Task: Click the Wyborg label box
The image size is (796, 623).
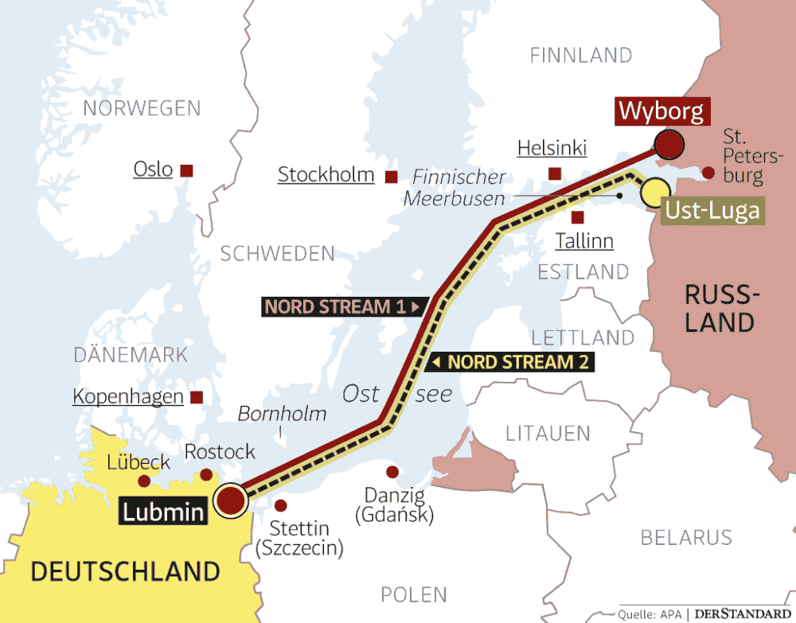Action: pyautogui.click(x=661, y=111)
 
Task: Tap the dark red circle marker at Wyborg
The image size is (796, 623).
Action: pyautogui.click(x=669, y=145)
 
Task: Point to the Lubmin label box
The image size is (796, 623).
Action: pyautogui.click(x=162, y=510)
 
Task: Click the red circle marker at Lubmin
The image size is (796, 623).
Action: pyautogui.click(x=231, y=501)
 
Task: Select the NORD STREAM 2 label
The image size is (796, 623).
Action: pyautogui.click(x=509, y=363)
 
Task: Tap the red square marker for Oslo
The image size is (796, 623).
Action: pyautogui.click(x=187, y=170)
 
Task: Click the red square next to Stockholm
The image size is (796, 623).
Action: pyautogui.click(x=391, y=177)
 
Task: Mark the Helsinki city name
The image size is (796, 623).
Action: pyautogui.click(x=552, y=148)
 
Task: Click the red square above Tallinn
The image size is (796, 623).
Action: pyautogui.click(x=578, y=216)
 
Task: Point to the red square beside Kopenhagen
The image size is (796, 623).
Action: pyautogui.click(x=197, y=397)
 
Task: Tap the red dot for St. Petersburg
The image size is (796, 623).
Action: pyautogui.click(x=708, y=172)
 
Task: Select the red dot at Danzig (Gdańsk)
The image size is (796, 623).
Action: pyautogui.click(x=392, y=471)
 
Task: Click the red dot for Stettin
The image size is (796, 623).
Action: pyautogui.click(x=280, y=505)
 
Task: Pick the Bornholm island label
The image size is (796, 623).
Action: pyautogui.click(x=282, y=414)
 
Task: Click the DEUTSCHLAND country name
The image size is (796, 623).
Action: pyautogui.click(x=125, y=570)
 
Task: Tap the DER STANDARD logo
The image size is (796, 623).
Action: pyautogui.click(x=741, y=613)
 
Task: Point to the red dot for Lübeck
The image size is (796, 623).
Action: pyautogui.click(x=144, y=481)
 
